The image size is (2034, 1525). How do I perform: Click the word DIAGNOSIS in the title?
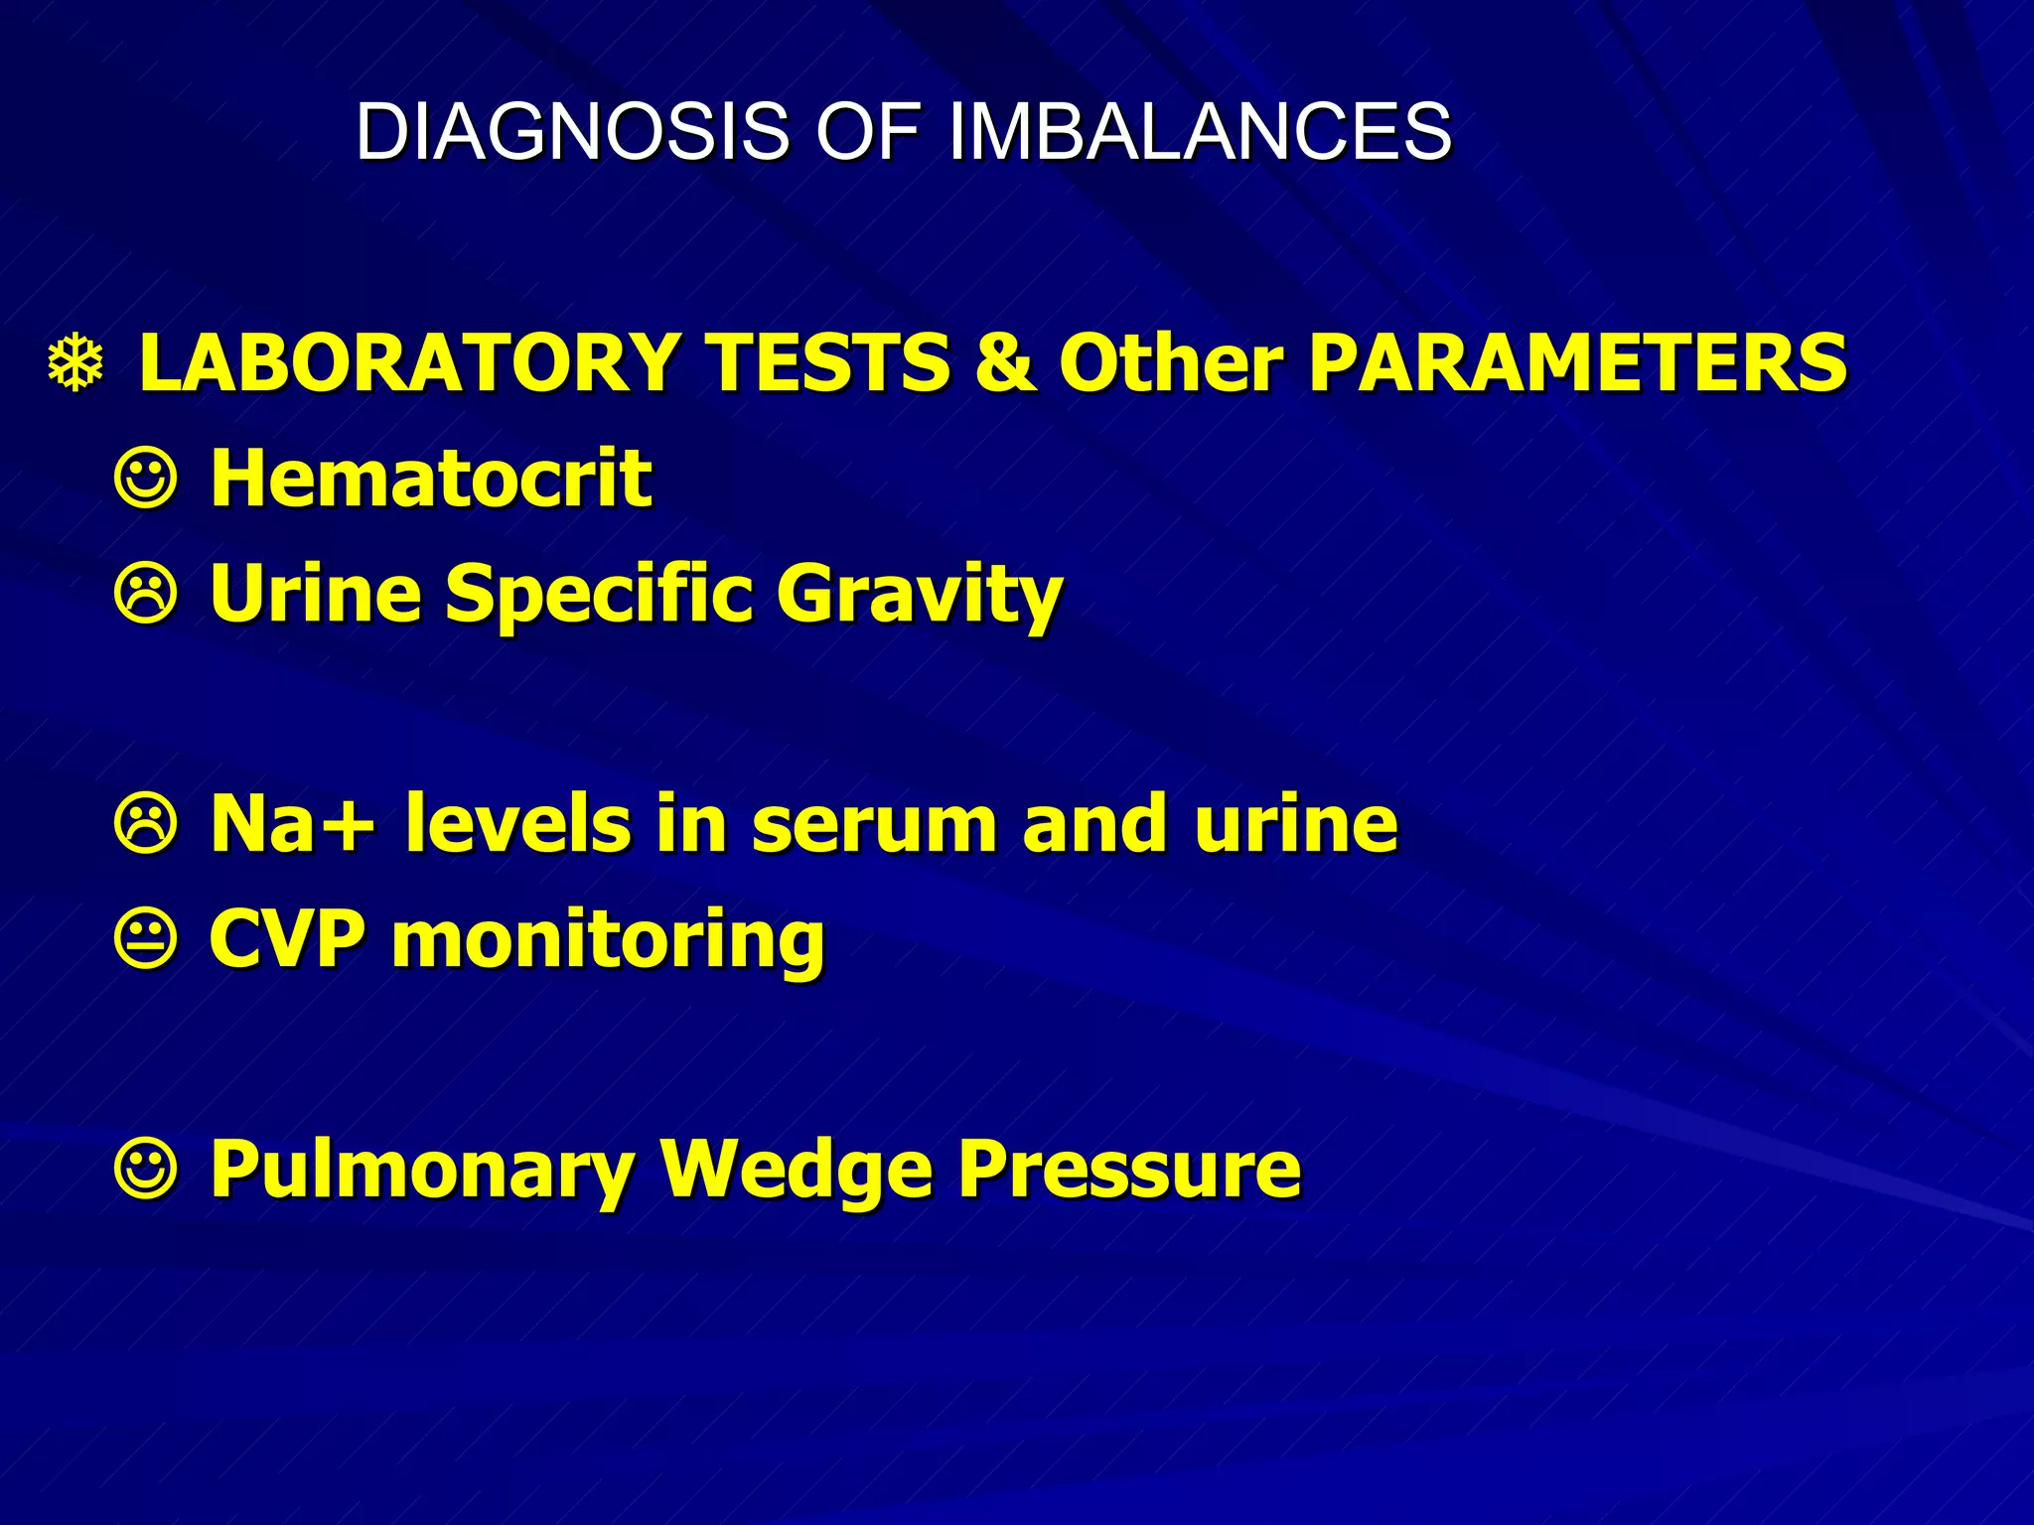click(572, 131)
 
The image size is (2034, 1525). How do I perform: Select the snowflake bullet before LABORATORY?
click(76, 364)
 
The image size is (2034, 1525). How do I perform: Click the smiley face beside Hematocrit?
click(147, 480)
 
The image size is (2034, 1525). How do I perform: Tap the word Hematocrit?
click(431, 479)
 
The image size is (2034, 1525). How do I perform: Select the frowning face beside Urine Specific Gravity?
click(147, 595)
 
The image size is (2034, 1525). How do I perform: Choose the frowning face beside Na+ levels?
click(147, 825)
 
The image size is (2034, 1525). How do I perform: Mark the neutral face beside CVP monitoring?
click(147, 940)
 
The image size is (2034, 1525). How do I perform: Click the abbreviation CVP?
click(287, 939)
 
